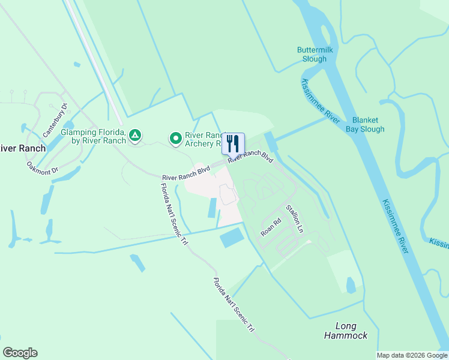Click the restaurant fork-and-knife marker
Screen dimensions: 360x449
pos(233,143)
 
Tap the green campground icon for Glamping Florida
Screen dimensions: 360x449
pos(136,136)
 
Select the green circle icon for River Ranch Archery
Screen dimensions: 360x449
pos(176,139)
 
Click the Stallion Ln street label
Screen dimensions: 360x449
pos(295,218)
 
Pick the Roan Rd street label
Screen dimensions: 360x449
pos(271,227)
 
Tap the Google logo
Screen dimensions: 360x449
pos(20,353)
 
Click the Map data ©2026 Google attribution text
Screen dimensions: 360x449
pos(411,355)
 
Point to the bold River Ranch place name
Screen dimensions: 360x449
pos(23,148)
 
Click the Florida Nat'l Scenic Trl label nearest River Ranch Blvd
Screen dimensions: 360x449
pos(172,213)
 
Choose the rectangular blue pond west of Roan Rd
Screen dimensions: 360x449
pos(232,238)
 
